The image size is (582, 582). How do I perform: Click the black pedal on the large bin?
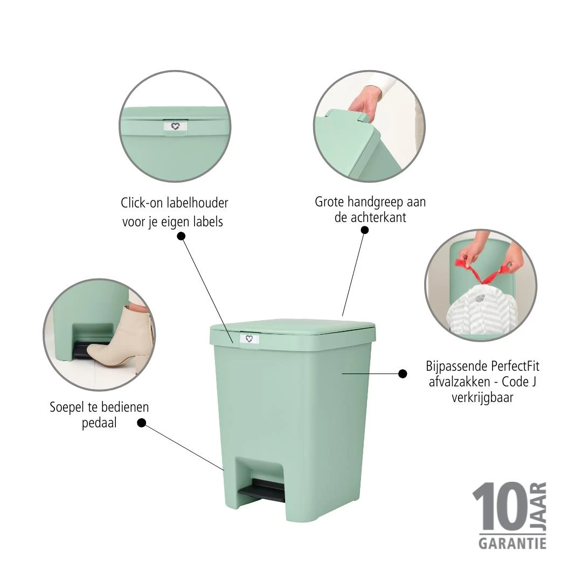262,490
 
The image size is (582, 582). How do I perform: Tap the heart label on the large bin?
249,338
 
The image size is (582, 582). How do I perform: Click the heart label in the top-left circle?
175,126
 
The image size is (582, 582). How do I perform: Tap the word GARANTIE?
512,542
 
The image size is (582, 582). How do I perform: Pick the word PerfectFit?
515,366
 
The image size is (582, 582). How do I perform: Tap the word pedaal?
99,423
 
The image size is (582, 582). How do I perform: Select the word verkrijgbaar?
482,398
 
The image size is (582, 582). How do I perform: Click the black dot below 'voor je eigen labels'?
181,236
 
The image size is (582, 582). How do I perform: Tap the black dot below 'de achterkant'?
365,230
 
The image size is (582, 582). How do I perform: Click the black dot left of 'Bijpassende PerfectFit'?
402,373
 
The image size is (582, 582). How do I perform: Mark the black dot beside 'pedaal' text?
142,423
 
